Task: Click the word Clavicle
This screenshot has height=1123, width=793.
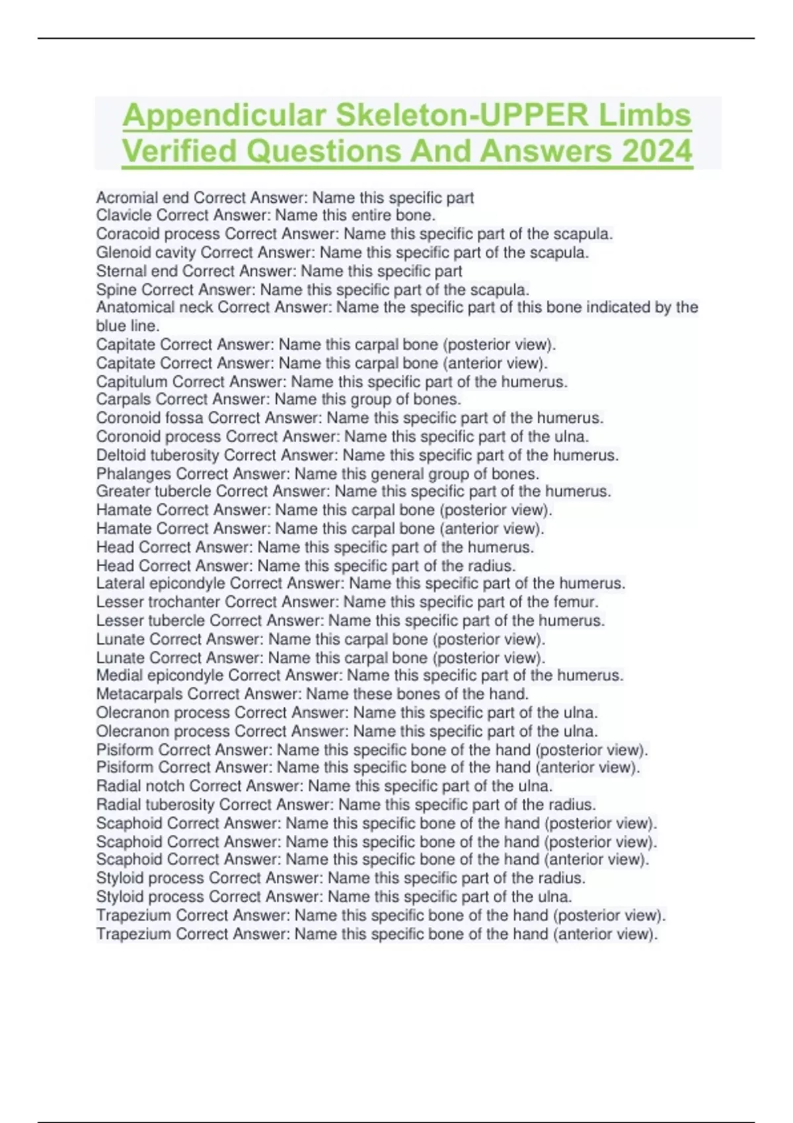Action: coord(120,215)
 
